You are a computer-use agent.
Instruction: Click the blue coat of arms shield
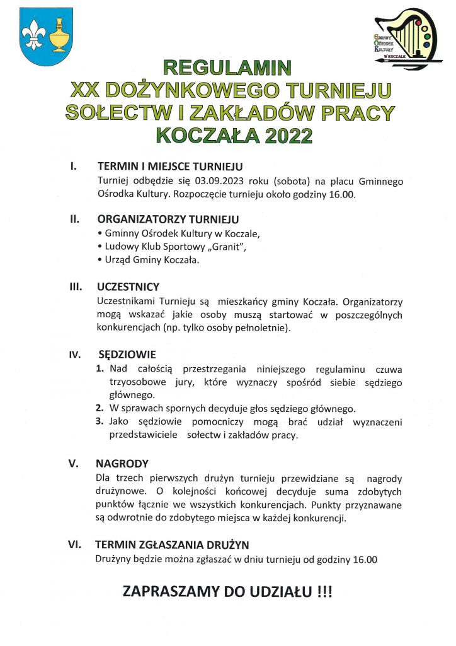pyautogui.click(x=47, y=37)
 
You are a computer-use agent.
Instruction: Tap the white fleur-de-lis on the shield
pyautogui.click(x=31, y=35)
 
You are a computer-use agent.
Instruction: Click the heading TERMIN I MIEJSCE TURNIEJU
pyautogui.click(x=169, y=168)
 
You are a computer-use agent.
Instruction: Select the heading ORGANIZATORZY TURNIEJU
pyautogui.click(x=168, y=220)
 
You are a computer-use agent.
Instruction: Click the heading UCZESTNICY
pyautogui.click(x=128, y=287)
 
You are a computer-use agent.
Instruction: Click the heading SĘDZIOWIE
pyautogui.click(x=127, y=355)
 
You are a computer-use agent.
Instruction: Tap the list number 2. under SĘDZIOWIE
pyautogui.click(x=100, y=408)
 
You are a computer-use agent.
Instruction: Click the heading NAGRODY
pyautogui.click(x=122, y=463)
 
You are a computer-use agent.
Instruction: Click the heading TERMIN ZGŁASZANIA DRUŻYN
pyautogui.click(x=172, y=544)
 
